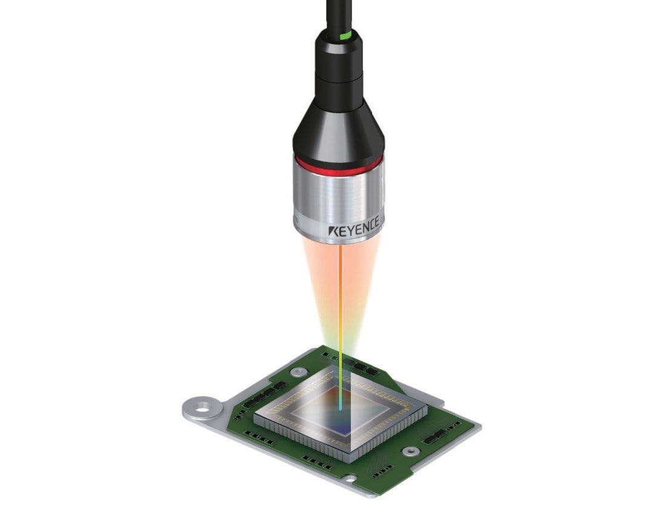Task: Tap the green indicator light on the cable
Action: pyautogui.click(x=347, y=35)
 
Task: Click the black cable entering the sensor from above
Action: pyautogui.click(x=339, y=15)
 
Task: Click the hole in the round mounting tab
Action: pyautogui.click(x=203, y=406)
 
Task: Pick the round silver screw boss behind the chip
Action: pyautogui.click(x=299, y=372)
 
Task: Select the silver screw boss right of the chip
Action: pyautogui.click(x=410, y=451)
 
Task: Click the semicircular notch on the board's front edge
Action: pyautogui.click(x=351, y=479)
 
